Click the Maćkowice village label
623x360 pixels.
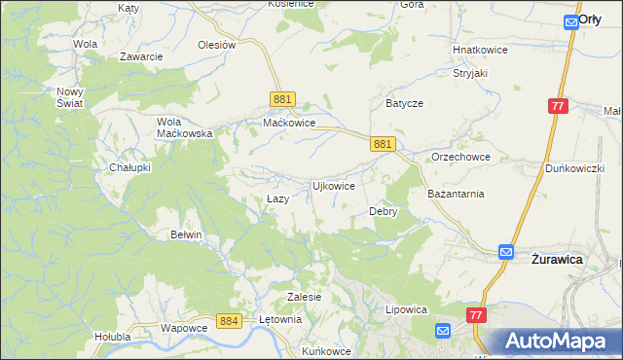tap(289, 124)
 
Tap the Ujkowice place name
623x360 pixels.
tap(332, 185)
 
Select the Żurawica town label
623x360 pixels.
tap(556, 260)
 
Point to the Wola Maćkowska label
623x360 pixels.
tap(184, 127)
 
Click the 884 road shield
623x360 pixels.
tap(229, 321)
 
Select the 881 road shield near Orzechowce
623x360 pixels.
tap(383, 143)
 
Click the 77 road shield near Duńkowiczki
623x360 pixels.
tap(557, 106)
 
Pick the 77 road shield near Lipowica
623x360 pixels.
tap(475, 315)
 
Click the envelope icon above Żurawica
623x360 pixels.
tap(506, 251)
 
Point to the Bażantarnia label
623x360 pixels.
tap(456, 194)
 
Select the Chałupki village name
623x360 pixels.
tap(129, 167)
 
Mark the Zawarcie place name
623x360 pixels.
tap(141, 56)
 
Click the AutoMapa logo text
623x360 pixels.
tap(561, 341)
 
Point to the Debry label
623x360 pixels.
tap(383, 211)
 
